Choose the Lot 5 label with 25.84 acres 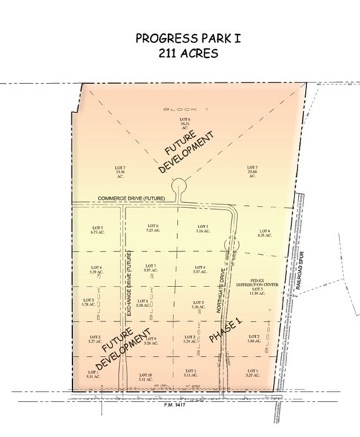pyautogui.click(x=251, y=171)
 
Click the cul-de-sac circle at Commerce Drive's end pyautogui.click(x=178, y=185)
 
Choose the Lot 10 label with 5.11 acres pyautogui.click(x=146, y=377)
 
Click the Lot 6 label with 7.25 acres pyautogui.click(x=153, y=228)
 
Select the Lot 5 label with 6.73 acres pyautogui.click(x=96, y=229)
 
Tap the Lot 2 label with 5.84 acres pyautogui.click(x=252, y=340)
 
